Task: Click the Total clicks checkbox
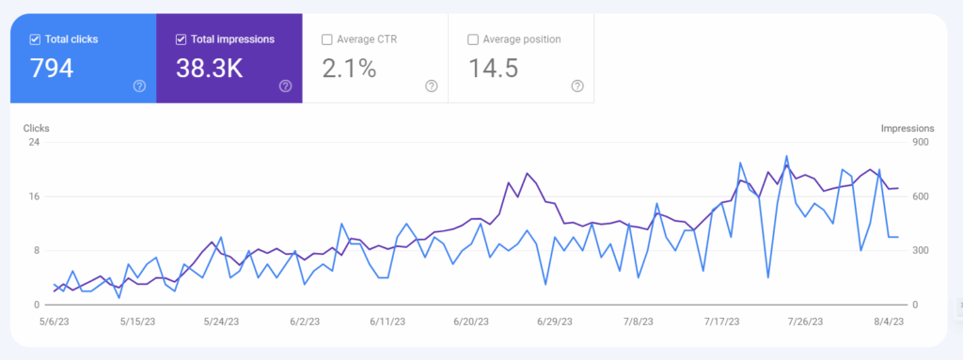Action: (35, 39)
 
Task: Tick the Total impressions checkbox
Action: (182, 39)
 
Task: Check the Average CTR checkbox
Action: (327, 39)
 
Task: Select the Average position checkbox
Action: (473, 39)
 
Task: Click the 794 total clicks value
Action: (52, 69)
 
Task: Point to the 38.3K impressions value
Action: (209, 69)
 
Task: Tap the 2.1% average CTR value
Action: (349, 69)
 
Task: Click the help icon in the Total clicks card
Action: (139, 86)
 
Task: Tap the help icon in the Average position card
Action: (577, 86)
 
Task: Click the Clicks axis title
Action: (38, 128)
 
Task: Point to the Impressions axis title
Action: (907, 128)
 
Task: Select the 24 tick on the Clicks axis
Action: (34, 143)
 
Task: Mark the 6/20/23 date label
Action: (470, 321)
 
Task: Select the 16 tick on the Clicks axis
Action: (34, 196)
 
